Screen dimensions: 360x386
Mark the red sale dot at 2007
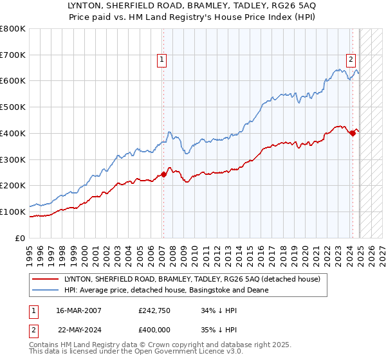[163, 174]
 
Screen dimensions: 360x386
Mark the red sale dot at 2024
[353, 133]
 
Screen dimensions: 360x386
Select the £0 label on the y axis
[20, 238]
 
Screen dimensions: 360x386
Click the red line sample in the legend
[46, 280]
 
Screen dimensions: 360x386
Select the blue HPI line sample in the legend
[46, 291]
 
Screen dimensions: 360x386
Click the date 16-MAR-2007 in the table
[78, 310]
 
